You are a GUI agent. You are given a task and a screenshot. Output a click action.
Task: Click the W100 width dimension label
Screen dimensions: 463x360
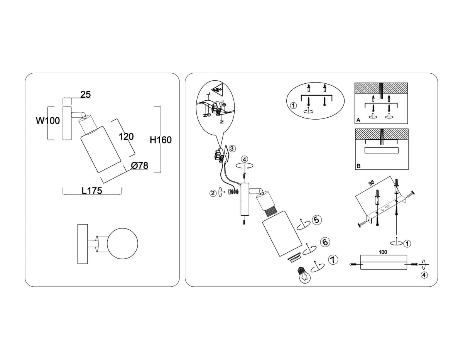click(x=48, y=121)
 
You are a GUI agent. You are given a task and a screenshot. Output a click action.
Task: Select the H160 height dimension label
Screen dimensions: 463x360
click(x=161, y=140)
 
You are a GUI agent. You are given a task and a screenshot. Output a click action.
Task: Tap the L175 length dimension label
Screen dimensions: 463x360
click(x=92, y=191)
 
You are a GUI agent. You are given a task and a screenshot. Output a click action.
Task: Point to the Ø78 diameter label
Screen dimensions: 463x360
click(x=140, y=166)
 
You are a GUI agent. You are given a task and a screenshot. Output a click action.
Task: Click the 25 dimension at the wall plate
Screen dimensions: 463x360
click(x=86, y=95)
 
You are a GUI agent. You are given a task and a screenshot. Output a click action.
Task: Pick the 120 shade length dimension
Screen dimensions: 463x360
click(x=126, y=137)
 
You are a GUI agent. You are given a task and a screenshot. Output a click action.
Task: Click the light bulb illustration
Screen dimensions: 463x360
click(x=304, y=275)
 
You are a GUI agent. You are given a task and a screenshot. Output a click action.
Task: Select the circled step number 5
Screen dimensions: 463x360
click(x=317, y=220)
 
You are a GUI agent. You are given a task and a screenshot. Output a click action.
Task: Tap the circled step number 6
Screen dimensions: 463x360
click(x=325, y=242)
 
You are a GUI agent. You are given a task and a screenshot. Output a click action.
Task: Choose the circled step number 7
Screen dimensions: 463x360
click(x=333, y=260)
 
